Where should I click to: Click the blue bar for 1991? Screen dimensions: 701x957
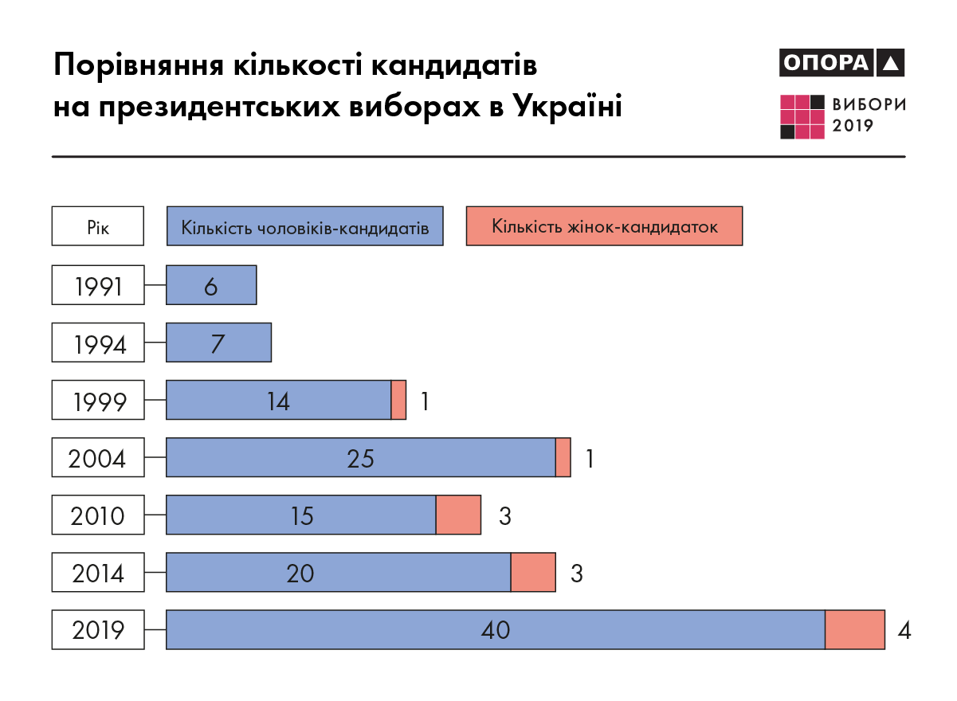coord(211,285)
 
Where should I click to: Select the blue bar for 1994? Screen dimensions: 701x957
coord(218,343)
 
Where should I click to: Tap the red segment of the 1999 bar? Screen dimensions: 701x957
coord(398,400)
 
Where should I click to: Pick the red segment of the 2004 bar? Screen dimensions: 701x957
coord(563,457)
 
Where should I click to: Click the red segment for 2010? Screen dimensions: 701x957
coord(458,515)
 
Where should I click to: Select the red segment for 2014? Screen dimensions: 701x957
coord(532,573)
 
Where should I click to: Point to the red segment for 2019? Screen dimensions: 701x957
coord(854,630)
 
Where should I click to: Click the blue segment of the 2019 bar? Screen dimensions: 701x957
coord(495,630)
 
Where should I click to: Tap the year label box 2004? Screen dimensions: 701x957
coord(98,457)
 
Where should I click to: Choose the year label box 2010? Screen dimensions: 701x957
coord(98,515)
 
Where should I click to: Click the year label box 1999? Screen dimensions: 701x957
coord(98,400)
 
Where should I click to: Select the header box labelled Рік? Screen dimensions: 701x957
coord(98,226)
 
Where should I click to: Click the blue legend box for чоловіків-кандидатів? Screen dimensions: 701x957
coord(304,226)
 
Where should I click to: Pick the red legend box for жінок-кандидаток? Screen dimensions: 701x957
coord(604,226)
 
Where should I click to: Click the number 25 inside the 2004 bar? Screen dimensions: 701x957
coord(360,458)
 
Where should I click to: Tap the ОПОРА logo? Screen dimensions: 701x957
coord(842,63)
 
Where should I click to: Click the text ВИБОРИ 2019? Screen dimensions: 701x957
coord(869,116)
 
